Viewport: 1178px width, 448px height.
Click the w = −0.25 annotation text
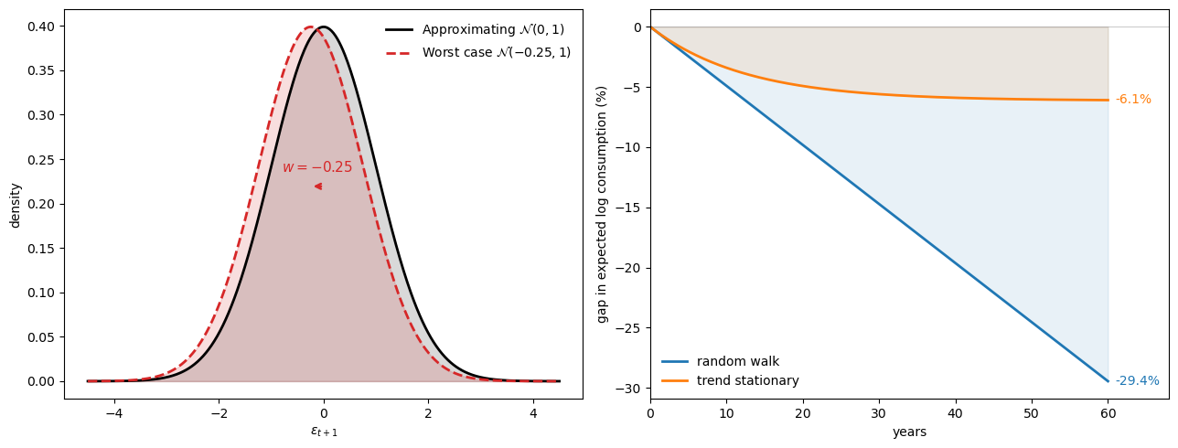[316, 167]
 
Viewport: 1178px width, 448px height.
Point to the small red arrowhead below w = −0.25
[318, 187]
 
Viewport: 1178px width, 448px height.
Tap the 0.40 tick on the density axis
[42, 27]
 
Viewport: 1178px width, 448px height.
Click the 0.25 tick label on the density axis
[42, 160]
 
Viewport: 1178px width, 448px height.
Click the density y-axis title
[16, 205]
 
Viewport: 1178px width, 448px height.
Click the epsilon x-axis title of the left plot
[324, 432]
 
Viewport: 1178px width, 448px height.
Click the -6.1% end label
[1133, 100]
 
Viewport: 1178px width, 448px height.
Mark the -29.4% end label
[1137, 381]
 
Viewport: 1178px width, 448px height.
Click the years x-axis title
[909, 432]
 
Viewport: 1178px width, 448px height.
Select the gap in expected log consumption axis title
[602, 204]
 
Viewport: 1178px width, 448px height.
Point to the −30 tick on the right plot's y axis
[632, 389]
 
